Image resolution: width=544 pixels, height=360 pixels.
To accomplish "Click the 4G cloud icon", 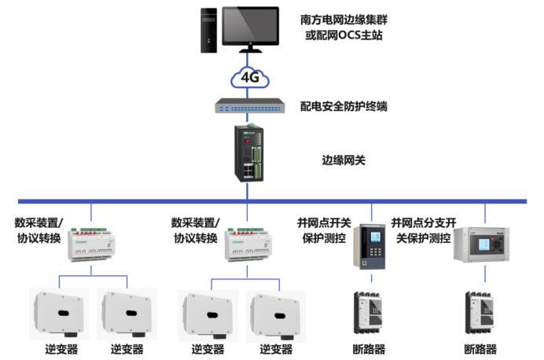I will (249, 77).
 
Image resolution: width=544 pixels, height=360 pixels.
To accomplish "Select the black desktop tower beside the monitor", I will (207, 31).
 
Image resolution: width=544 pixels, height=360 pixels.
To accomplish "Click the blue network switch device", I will (250, 105).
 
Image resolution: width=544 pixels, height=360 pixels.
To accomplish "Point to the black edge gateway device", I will (250, 153).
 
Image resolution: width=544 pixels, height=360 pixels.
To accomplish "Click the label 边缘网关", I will (344, 160).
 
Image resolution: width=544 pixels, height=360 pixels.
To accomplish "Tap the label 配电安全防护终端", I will (344, 105).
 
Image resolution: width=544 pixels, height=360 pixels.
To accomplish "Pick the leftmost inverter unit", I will (59, 313).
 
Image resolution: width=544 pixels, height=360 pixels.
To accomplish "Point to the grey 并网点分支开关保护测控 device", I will (481, 244).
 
